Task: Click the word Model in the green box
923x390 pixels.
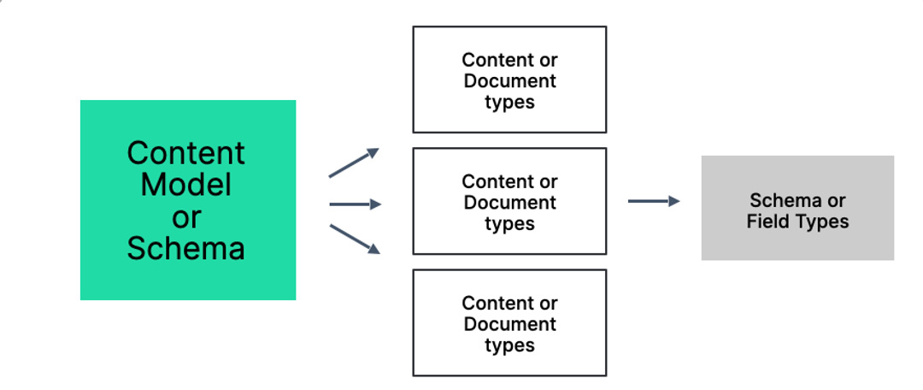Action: (186, 185)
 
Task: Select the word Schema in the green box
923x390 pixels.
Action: (186, 248)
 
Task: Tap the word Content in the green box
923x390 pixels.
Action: (186, 153)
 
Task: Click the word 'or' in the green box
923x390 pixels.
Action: (186, 216)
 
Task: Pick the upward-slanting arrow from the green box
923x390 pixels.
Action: (353, 163)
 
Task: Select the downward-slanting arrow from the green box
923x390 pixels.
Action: (354, 239)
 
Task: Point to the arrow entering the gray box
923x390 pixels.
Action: (654, 201)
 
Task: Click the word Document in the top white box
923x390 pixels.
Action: (509, 81)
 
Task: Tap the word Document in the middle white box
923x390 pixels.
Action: (509, 203)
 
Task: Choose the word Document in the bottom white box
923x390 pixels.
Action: (509, 324)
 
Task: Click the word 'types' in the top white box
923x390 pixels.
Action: (509, 103)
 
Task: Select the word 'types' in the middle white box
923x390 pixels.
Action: (509, 224)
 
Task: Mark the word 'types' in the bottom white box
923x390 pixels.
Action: (509, 346)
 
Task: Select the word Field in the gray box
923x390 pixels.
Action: (767, 222)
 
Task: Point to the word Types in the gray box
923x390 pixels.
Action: (821, 222)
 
